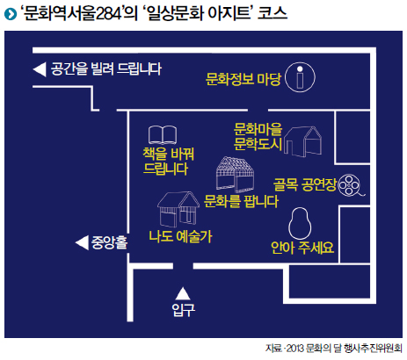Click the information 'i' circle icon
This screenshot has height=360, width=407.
(x=300, y=77)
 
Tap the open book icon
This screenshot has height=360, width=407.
(x=163, y=135)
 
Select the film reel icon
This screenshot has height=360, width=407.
(x=351, y=185)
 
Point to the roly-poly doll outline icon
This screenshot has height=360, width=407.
(x=300, y=223)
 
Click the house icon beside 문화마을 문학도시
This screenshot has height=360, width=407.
(x=302, y=141)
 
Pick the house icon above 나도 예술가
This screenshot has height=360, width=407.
(x=178, y=210)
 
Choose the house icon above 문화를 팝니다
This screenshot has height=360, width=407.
(x=235, y=173)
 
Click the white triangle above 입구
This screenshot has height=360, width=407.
(x=183, y=293)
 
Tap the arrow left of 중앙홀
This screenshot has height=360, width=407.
(x=82, y=242)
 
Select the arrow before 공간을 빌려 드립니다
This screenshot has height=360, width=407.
(x=40, y=69)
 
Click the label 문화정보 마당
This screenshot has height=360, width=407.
(x=243, y=78)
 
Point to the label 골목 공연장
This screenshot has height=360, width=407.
(x=305, y=184)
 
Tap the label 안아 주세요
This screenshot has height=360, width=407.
(x=302, y=248)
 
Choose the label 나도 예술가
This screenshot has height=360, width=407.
(x=180, y=236)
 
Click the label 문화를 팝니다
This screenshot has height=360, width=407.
(x=241, y=201)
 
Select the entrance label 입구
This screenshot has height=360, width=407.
(x=183, y=310)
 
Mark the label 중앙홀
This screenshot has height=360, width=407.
(x=109, y=242)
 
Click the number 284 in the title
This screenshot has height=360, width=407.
(x=109, y=14)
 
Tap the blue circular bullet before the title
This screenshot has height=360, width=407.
(x=11, y=14)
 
